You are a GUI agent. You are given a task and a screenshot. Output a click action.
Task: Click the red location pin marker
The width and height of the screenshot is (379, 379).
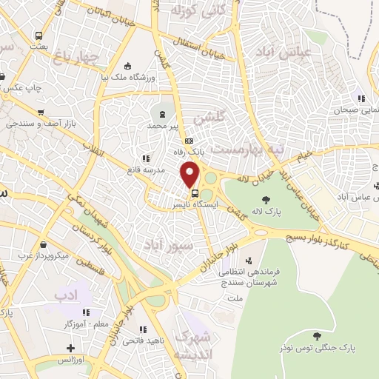190,175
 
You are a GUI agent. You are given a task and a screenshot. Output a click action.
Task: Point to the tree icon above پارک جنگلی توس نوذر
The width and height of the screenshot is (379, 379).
317,335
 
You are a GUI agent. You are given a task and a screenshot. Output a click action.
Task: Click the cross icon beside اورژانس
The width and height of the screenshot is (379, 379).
70,348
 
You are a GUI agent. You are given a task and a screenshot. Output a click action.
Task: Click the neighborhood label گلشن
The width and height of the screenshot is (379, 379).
207,118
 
